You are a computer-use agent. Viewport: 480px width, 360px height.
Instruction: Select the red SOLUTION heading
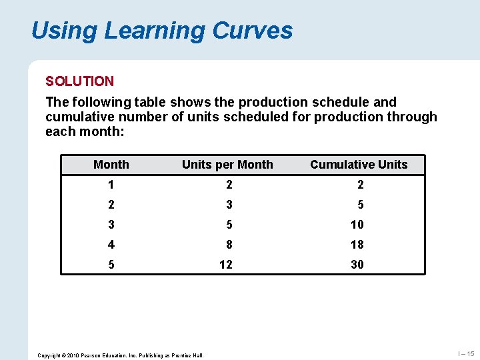click(79, 81)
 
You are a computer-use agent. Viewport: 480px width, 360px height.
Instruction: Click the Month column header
click(111, 165)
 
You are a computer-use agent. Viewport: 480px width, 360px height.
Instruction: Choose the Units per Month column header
click(227, 165)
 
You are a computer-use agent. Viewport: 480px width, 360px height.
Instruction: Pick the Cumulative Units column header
click(359, 165)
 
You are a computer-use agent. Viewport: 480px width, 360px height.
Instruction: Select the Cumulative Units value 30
click(357, 265)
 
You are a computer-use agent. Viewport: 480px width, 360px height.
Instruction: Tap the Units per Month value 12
click(226, 265)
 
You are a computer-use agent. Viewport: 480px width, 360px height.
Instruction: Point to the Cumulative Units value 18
click(357, 245)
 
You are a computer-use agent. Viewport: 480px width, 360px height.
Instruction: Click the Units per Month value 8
click(227, 245)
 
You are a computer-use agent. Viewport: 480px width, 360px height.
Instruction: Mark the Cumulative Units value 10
click(357, 225)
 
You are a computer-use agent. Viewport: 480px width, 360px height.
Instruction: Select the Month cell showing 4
click(111, 245)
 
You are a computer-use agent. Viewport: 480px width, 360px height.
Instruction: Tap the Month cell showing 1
click(111, 185)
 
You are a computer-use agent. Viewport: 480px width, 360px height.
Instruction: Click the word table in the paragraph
click(151, 103)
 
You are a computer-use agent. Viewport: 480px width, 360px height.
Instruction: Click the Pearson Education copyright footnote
click(121, 355)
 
